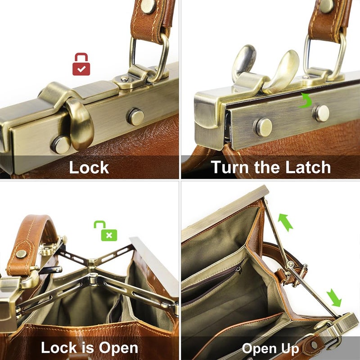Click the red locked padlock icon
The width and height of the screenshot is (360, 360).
tap(81, 64)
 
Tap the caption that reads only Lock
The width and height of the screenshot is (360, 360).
tap(89, 167)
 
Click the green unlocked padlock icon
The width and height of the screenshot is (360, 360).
tap(106, 230)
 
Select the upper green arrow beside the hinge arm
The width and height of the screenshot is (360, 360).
tap(285, 222)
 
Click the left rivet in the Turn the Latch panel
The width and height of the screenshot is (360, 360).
tap(264, 127)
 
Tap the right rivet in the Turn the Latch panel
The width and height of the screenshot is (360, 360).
tap(321, 113)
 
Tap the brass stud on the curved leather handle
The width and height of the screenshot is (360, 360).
tap(21, 254)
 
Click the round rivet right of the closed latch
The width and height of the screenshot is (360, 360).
tap(135, 117)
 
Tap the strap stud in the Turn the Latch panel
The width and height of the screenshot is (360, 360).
tap(326, 5)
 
